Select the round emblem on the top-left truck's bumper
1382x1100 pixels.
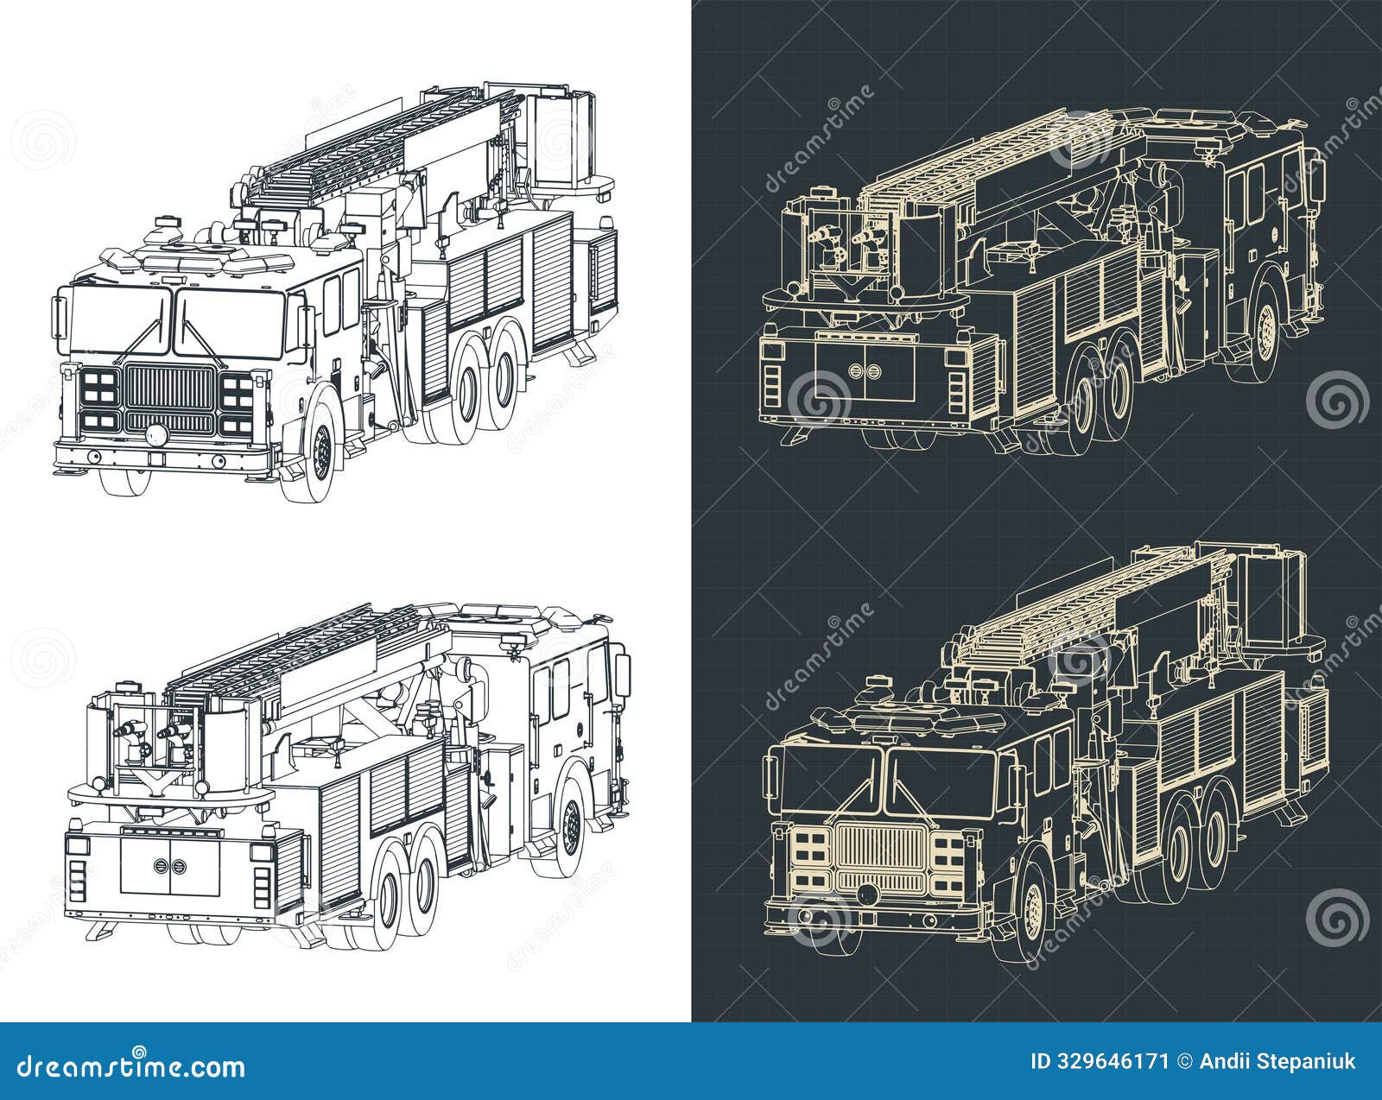pyautogui.click(x=155, y=435)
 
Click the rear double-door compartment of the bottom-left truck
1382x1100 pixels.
pyautogui.click(x=170, y=866)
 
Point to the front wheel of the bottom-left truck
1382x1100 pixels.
pyautogui.click(x=569, y=825)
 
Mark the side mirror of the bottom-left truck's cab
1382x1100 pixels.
pyautogui.click(x=622, y=674)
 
